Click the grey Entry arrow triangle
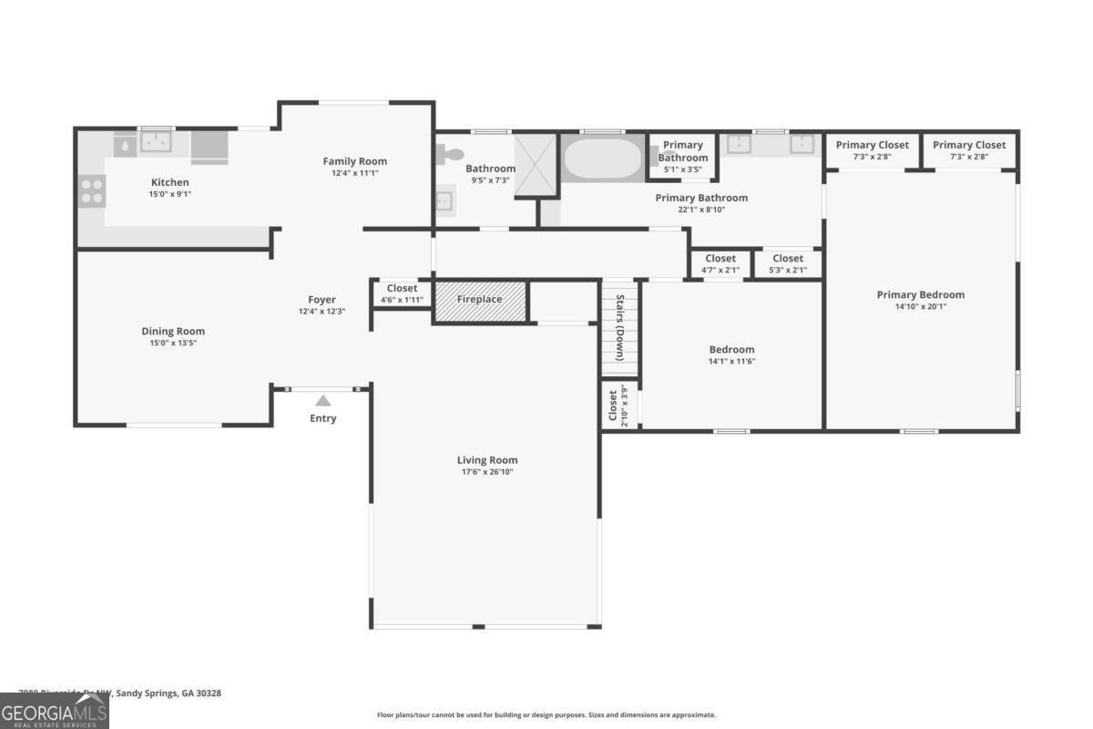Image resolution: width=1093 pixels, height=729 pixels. (x=322, y=400)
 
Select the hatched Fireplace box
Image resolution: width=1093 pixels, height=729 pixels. (x=480, y=301)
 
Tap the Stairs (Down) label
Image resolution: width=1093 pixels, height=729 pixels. (x=619, y=327)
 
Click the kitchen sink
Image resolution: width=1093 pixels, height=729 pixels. (x=156, y=143)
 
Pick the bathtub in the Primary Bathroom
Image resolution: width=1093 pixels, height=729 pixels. (x=603, y=159)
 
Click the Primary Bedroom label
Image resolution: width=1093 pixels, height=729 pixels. (x=920, y=294)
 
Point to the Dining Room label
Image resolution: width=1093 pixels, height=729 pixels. (x=173, y=331)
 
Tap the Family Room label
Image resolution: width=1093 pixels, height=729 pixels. (x=354, y=161)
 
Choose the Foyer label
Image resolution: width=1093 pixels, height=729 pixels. (x=322, y=299)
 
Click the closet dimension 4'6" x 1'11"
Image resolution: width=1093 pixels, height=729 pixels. (x=402, y=300)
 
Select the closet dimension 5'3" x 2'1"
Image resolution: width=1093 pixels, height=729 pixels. (x=788, y=270)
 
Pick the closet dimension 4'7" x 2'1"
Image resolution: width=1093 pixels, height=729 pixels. (x=720, y=270)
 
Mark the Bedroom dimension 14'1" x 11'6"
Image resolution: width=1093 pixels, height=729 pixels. (x=731, y=361)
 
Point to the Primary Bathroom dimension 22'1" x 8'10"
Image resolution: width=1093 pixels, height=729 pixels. (x=701, y=209)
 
